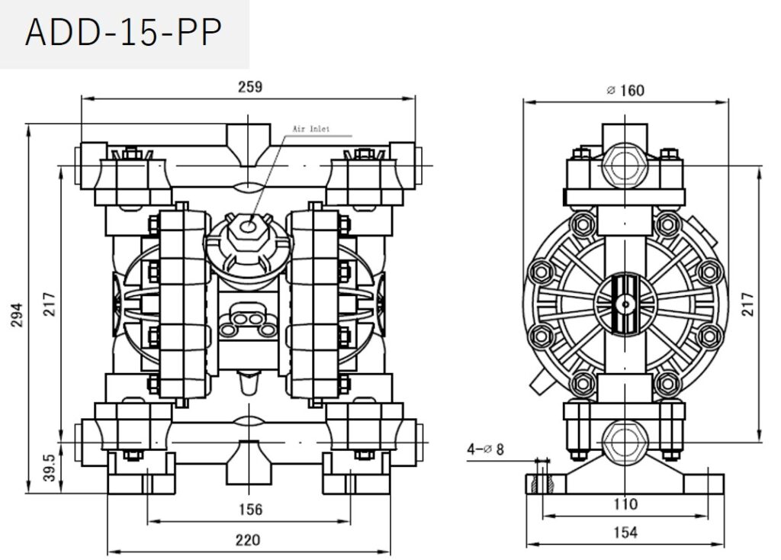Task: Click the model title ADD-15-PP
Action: pyautogui.click(x=123, y=33)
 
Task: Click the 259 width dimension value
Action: pyautogui.click(x=249, y=87)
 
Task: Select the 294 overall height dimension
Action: pyautogui.click(x=18, y=314)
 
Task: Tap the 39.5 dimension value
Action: pyautogui.click(x=49, y=467)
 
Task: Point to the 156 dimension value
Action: pyautogui.click(x=250, y=509)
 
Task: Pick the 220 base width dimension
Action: pyautogui.click(x=248, y=540)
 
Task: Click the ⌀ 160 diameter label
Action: pyautogui.click(x=625, y=90)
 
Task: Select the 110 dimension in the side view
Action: pyautogui.click(x=625, y=504)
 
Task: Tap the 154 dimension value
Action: pyautogui.click(x=625, y=533)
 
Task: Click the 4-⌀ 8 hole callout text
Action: pyautogui.click(x=485, y=449)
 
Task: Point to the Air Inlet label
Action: pyautogui.click(x=311, y=128)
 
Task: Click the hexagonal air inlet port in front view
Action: pyautogui.click(x=248, y=227)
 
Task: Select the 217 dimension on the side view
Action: pyautogui.click(x=747, y=304)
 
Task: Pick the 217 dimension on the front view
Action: pyautogui.click(x=50, y=304)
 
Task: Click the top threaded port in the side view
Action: pyautogui.click(x=625, y=166)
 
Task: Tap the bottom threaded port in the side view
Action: pyautogui.click(x=625, y=443)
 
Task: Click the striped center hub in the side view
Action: pyautogui.click(x=625, y=304)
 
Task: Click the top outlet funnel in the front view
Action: pyautogui.click(x=249, y=146)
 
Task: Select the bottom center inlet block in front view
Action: pyautogui.click(x=249, y=462)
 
